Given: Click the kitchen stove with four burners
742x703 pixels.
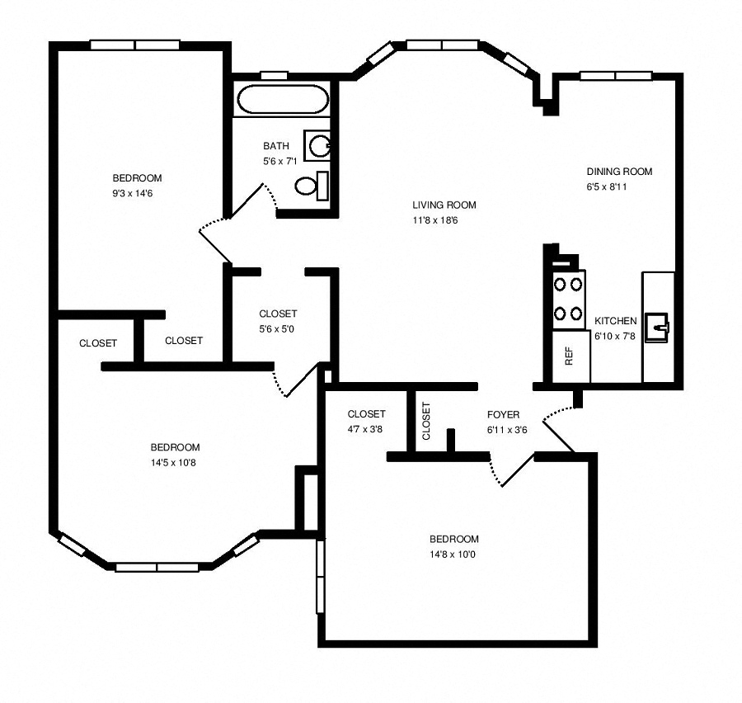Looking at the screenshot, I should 568,299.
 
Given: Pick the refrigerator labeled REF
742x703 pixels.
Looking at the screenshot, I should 571,356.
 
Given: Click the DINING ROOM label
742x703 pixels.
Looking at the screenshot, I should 619,172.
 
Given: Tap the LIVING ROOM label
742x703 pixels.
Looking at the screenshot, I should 444,205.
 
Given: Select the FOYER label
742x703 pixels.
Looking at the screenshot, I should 503,414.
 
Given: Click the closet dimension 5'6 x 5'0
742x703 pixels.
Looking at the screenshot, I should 277,328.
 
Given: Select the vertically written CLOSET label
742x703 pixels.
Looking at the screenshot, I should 426,421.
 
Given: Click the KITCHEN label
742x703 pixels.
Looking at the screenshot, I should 615,321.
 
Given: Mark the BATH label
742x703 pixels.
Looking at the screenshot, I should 275,146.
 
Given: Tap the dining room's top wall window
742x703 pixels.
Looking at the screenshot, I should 616,76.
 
